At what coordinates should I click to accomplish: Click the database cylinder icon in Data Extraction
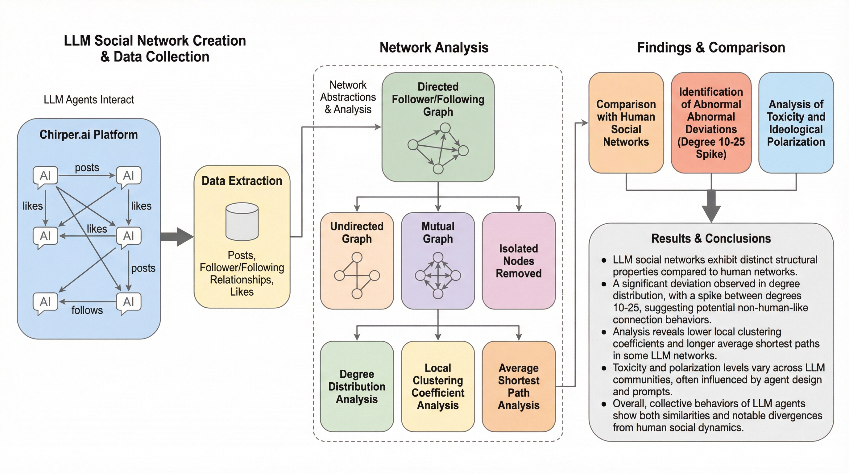242,221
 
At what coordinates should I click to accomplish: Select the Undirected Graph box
357,260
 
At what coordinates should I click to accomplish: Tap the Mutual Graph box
438,260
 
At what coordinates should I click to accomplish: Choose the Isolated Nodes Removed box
518,261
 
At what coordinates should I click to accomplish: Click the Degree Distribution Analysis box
357,386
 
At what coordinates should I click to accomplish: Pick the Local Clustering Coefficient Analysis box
438,386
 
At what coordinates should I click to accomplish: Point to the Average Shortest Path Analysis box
518,386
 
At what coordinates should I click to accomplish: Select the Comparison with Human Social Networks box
626,123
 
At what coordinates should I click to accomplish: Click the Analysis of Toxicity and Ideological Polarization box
796,123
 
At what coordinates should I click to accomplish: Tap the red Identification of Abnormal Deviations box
711,123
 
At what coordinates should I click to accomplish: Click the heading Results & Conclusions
711,238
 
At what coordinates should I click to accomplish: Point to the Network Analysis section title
434,48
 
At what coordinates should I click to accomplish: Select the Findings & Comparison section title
711,48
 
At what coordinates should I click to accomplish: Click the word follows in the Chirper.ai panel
87,310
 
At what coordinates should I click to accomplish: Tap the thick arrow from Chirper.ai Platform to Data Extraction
177,237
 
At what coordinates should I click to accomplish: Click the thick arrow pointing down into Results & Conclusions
711,206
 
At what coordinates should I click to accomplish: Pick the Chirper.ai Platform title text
89,135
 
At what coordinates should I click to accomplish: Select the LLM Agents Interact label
89,100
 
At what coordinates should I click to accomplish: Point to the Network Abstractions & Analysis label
348,97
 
